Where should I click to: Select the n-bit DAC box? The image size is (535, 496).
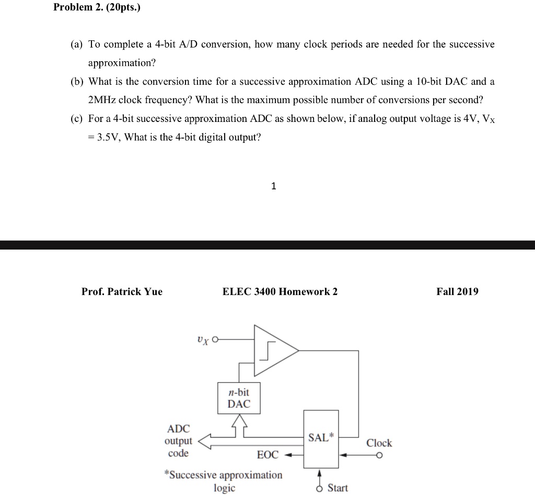239,398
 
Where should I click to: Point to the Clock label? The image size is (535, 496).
379,443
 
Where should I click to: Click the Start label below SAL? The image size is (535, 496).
338,488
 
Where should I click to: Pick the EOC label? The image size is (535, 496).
267,455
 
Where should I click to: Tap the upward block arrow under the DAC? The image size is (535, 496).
239,421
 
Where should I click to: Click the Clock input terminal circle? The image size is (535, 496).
388,455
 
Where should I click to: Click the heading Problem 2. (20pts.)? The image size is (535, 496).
97,9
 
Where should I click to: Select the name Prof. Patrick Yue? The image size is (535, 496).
122,291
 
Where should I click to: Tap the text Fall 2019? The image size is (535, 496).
457,291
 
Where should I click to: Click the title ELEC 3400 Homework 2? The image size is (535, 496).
280,291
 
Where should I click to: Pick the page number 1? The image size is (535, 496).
273,186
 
